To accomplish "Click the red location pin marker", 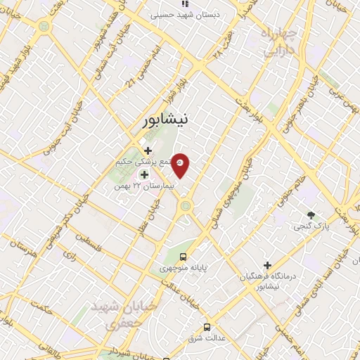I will (x=180, y=165).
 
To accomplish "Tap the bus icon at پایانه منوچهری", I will (x=183, y=257).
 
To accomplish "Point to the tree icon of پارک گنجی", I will (x=310, y=214).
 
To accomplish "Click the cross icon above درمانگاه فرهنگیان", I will (x=266, y=264).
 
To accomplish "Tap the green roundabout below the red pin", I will (x=186, y=207).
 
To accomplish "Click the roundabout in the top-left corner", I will (x=44, y=26).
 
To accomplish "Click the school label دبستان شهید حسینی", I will (x=186, y=13).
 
